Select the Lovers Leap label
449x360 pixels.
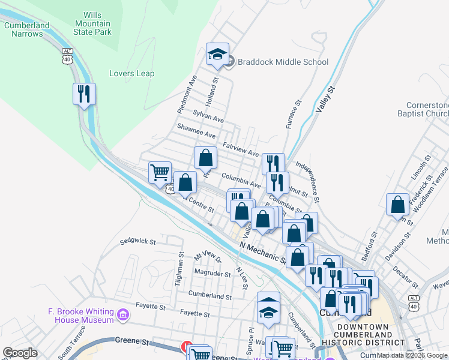click(131, 74)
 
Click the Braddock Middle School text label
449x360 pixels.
click(283, 62)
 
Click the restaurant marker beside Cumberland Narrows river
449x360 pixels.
click(84, 94)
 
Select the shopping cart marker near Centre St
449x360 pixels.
click(160, 173)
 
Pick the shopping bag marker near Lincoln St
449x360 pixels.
click(397, 205)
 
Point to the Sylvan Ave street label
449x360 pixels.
click(208, 116)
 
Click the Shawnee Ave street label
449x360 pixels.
click(196, 131)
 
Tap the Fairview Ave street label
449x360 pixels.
click(240, 149)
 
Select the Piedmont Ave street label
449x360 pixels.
click(187, 94)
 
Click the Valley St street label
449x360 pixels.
click(325, 99)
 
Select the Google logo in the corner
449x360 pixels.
click(20, 353)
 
